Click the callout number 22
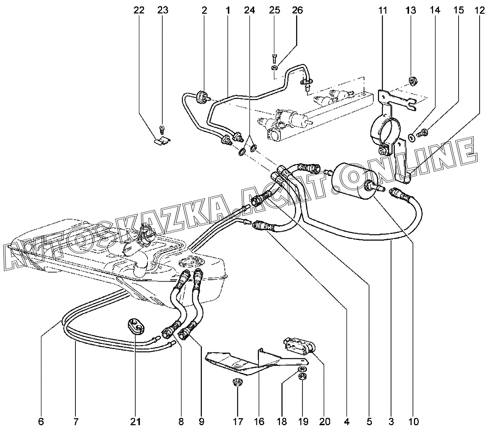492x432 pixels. (139, 10)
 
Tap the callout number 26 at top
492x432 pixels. (298, 10)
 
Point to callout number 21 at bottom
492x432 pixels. (135, 421)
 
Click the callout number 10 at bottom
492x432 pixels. (414, 421)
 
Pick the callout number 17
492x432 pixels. (238, 421)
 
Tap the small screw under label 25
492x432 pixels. (274, 59)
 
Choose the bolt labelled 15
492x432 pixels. (422, 133)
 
